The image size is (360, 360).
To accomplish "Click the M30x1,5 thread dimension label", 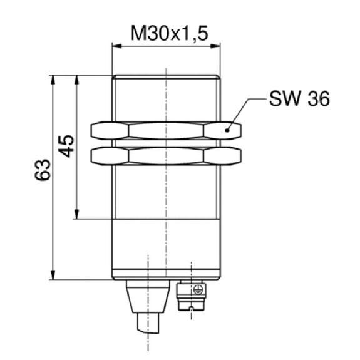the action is tap(170, 34).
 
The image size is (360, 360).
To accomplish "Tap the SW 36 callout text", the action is tap(299, 99).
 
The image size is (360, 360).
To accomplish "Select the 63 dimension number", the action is tap(43, 170).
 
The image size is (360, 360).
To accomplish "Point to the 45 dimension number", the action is tap(66, 147).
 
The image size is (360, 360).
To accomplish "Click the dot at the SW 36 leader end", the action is tap(227, 130).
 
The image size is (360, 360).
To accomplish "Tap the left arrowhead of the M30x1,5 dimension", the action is tap(117, 46).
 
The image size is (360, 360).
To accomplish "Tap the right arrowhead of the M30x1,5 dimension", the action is tap(215, 46).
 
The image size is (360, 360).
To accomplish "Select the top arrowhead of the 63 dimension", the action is tap(53, 80).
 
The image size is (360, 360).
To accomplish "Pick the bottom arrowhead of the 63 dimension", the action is tap(53, 275).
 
